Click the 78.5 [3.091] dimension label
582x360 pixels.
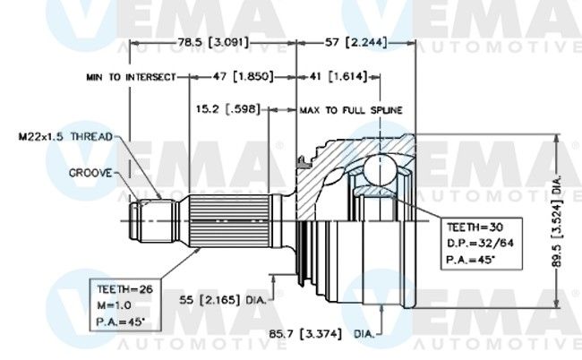coord(213,42)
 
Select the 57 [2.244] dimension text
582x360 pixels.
coord(356,42)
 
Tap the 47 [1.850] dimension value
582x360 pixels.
coord(244,76)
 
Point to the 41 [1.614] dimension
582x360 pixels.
coord(338,76)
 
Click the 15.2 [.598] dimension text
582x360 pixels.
coord(228,109)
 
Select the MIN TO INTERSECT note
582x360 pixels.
coord(131,77)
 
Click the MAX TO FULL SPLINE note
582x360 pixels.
coord(351,110)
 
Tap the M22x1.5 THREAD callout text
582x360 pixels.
coord(65,137)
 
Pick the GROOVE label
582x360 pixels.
coord(90,173)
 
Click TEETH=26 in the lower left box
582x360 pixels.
coord(124,289)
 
